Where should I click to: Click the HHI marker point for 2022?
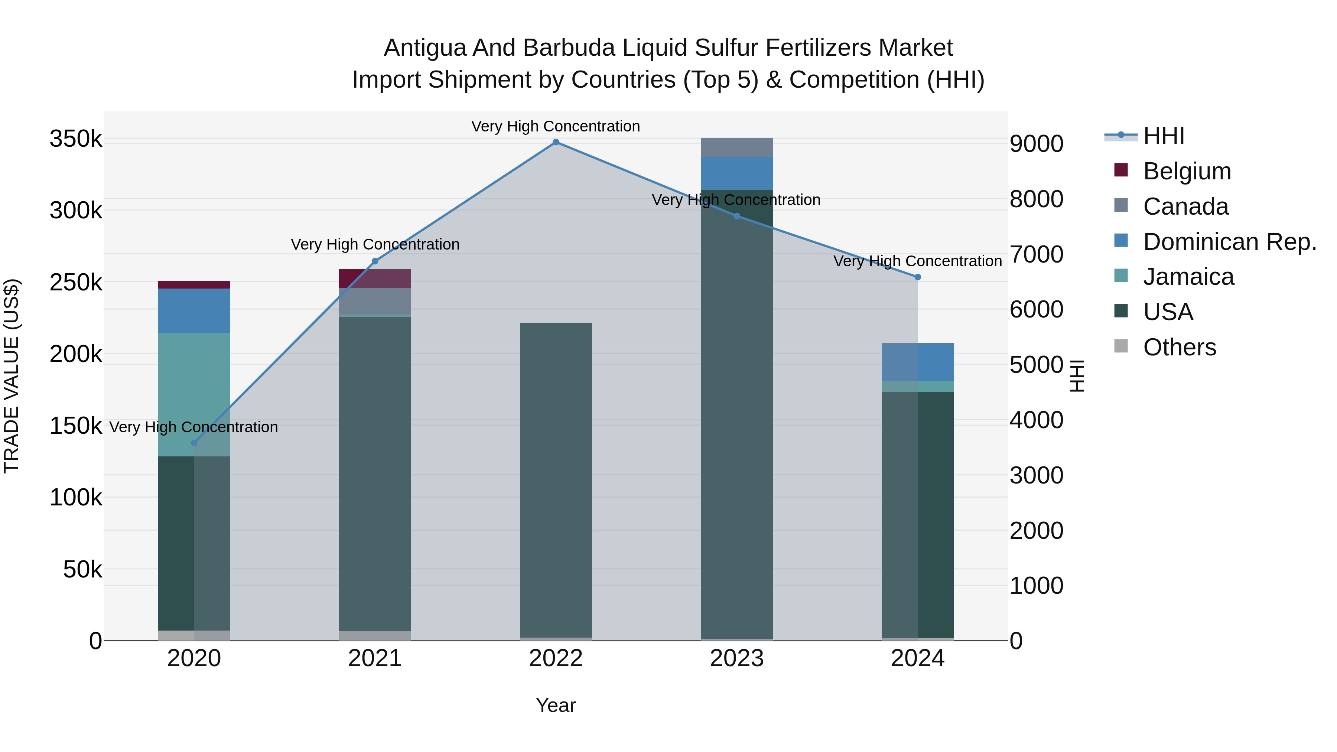coord(556,142)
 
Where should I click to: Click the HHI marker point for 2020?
coord(194,443)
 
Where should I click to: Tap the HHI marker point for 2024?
coord(918,277)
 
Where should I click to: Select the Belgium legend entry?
coord(1187,171)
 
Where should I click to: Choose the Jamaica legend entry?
coord(1188,277)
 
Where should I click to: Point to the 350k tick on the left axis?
coord(76,139)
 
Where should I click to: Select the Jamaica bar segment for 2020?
coord(194,394)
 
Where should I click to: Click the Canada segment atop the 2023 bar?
coord(736,147)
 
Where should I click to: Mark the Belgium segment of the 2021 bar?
coord(375,279)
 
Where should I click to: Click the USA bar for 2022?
coord(556,480)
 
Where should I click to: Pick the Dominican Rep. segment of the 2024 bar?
coord(918,362)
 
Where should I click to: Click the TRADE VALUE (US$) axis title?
coord(12,376)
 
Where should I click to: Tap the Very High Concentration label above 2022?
coord(556,126)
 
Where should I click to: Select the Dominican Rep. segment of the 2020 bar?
coord(194,311)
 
